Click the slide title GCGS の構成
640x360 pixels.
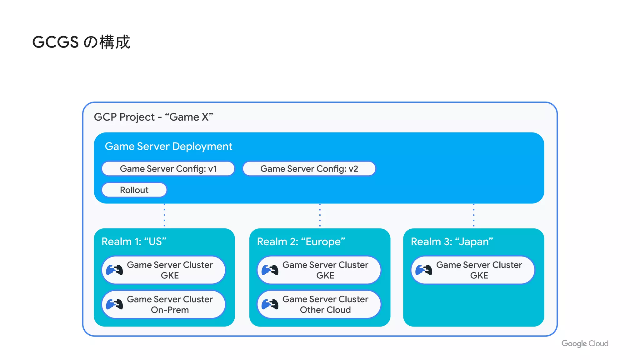click(x=81, y=42)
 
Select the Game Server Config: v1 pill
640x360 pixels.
click(x=168, y=169)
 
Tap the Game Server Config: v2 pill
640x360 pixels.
click(x=309, y=169)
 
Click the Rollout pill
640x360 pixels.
click(x=134, y=190)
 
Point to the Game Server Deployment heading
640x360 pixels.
click(x=168, y=146)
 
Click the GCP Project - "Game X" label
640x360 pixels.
click(x=153, y=117)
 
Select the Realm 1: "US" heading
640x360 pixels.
click(x=134, y=242)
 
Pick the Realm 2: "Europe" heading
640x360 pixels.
click(x=301, y=242)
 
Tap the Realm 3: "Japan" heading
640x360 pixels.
click(x=452, y=242)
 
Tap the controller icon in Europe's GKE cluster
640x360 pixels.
click(x=270, y=270)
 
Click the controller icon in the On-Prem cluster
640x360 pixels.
click(x=114, y=304)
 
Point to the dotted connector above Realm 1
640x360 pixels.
click(x=164, y=215)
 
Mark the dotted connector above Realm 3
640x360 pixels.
click(x=474, y=215)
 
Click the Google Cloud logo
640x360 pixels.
click(x=585, y=343)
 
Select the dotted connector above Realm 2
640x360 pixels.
click(x=320, y=215)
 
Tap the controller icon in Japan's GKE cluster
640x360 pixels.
click(x=424, y=270)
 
